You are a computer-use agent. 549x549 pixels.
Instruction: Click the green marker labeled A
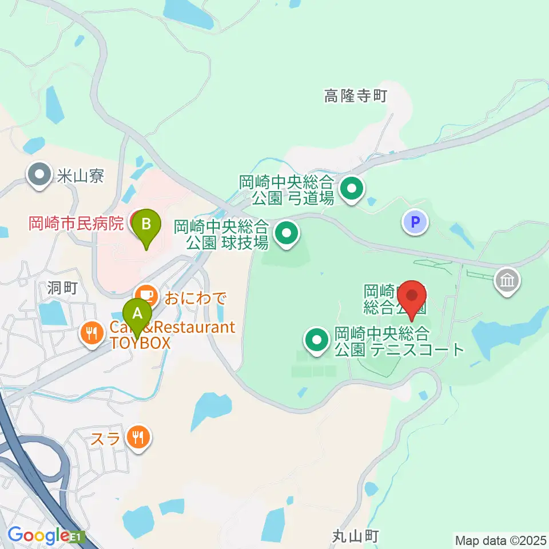[137, 314]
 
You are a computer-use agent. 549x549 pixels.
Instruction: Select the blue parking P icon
[416, 221]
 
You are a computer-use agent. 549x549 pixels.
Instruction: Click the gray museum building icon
[507, 280]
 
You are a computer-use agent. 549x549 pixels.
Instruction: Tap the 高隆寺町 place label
[356, 97]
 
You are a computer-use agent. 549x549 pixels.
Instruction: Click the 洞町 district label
[63, 288]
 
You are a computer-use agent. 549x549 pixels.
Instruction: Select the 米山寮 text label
[80, 176]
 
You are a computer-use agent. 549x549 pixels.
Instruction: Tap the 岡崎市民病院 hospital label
[76, 223]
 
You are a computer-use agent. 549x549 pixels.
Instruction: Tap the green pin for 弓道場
[351, 187]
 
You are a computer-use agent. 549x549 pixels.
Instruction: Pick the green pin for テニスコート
[316, 340]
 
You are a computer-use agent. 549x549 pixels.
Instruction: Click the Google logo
[38, 536]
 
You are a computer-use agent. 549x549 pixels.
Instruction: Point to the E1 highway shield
[78, 537]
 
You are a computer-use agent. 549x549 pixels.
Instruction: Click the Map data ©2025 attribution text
[501, 539]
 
